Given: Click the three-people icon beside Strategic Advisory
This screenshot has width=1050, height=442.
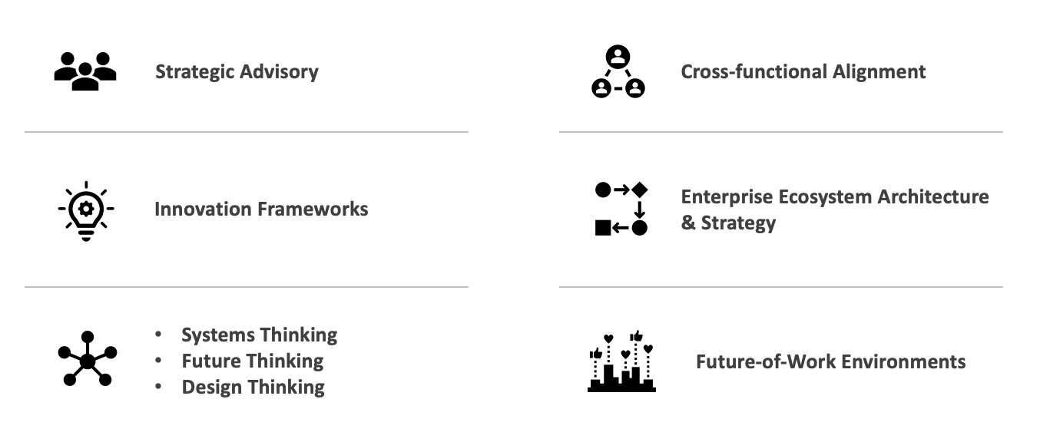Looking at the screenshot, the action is [x=85, y=71].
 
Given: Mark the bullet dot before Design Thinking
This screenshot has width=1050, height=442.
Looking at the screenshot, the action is [x=158, y=387].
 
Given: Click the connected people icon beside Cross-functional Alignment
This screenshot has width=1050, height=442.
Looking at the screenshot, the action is [x=618, y=71].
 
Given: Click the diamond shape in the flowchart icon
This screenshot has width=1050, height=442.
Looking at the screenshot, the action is [x=640, y=189].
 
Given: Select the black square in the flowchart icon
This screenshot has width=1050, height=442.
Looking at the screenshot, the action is [x=603, y=227].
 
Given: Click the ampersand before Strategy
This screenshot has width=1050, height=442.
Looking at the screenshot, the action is [x=687, y=223].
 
